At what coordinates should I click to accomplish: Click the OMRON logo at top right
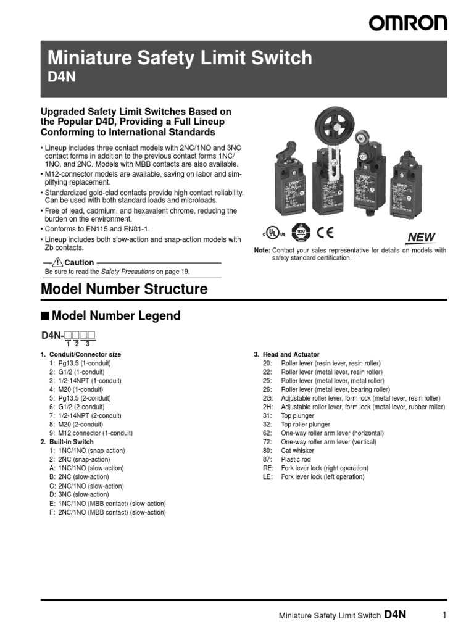408,23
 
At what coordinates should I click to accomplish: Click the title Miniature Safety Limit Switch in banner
180,59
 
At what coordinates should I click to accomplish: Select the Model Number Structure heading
123,289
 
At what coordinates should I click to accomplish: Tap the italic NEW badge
421,238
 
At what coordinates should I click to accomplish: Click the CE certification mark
325,233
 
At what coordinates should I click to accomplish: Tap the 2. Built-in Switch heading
67,442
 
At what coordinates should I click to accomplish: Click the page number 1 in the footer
444,615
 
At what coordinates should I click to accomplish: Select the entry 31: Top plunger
288,416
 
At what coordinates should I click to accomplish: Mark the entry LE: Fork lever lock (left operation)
314,477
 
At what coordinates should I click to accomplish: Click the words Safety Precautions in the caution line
127,271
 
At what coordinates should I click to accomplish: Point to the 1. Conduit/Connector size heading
80,354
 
